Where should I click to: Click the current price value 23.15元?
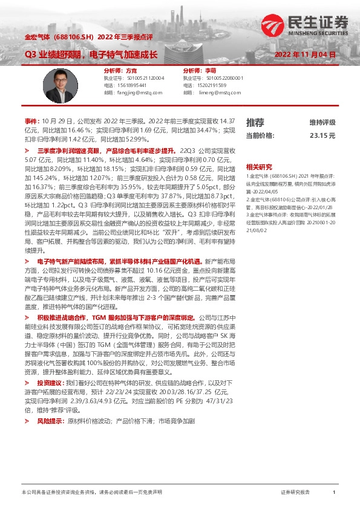click(x=322, y=136)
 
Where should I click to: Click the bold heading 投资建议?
click(x=49, y=383)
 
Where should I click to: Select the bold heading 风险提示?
click(x=49, y=420)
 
